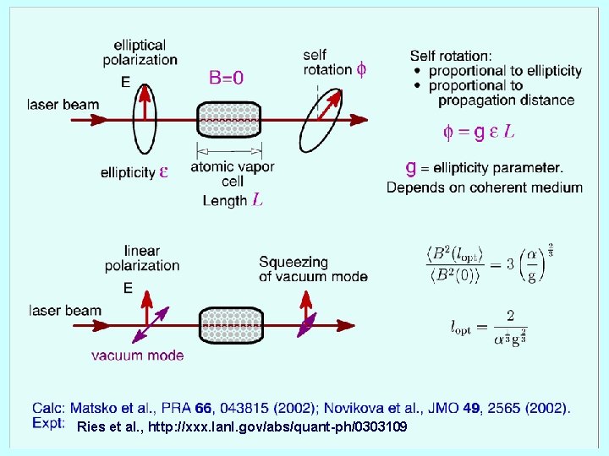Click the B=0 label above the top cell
(x=226, y=78)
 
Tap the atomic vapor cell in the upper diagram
(x=229, y=122)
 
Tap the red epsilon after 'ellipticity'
(x=163, y=171)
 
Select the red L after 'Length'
(x=257, y=200)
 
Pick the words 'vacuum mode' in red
(x=137, y=356)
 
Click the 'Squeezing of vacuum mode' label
(x=313, y=269)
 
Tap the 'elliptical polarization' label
(x=140, y=52)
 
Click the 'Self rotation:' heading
(x=450, y=56)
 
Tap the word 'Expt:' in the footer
(x=49, y=423)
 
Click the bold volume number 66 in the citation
(x=204, y=409)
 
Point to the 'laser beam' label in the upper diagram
(x=63, y=106)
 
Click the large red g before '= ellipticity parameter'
(x=411, y=167)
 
